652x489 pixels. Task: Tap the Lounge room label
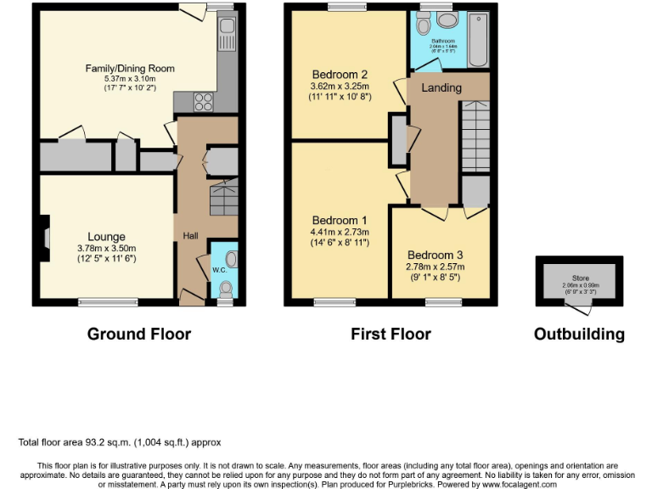point(106,237)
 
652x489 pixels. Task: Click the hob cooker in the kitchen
point(205,102)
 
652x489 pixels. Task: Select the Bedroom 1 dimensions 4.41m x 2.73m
point(340,231)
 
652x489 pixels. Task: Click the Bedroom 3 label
point(436,256)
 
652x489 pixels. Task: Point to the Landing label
point(441,87)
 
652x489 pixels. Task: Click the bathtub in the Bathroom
point(478,38)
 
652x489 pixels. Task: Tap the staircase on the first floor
point(475,136)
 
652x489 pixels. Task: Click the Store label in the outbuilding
point(579,277)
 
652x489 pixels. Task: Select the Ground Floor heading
point(139,334)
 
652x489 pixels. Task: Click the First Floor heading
point(391,334)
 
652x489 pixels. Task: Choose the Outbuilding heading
point(579,334)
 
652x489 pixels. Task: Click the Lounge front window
point(108,302)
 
